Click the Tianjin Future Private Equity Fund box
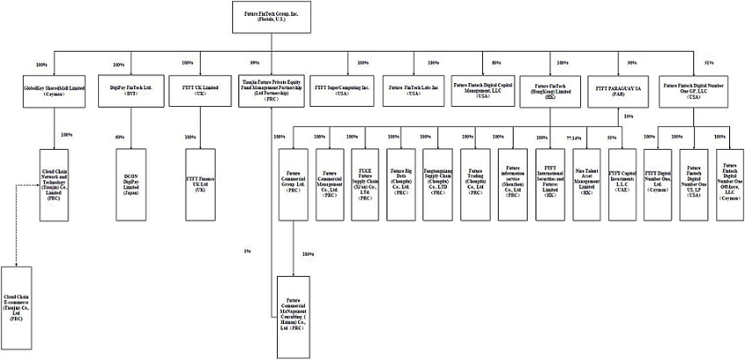click(x=271, y=91)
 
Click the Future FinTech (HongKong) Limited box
click(x=554, y=91)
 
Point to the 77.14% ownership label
click(x=574, y=138)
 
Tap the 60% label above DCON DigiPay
click(x=120, y=138)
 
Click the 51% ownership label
click(x=708, y=63)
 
